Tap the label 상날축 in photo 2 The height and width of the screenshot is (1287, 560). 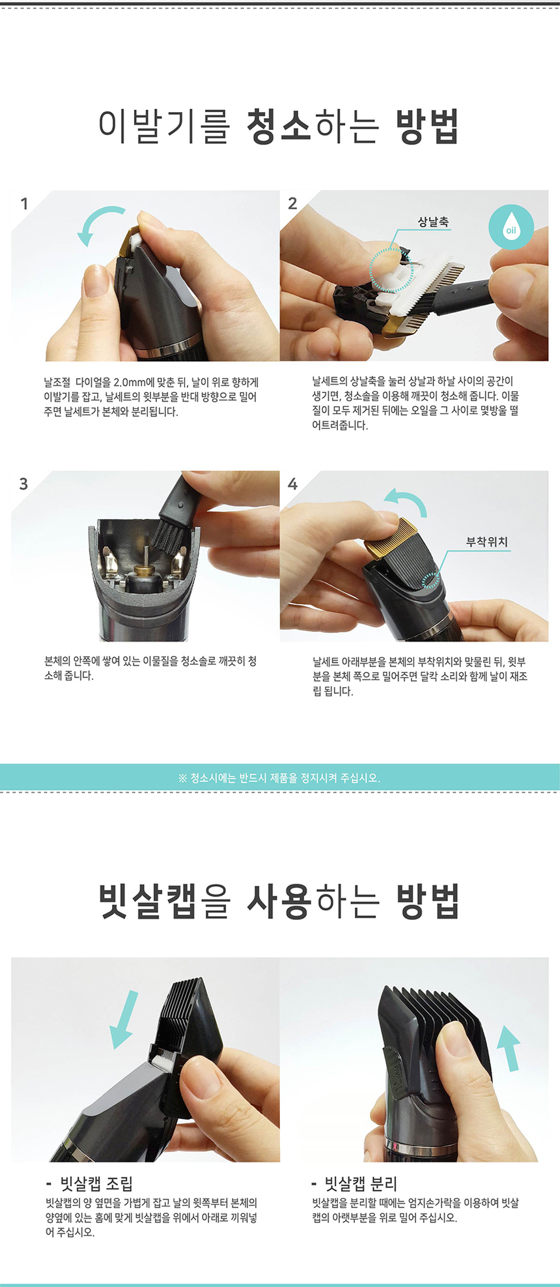(433, 222)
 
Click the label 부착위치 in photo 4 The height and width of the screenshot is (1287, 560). (487, 542)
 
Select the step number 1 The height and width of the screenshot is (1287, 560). (25, 204)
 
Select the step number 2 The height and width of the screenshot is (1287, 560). (292, 203)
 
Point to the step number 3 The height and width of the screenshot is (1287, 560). (24, 484)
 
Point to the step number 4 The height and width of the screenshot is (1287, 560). (292, 484)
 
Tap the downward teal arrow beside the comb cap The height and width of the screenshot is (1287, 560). (124, 1020)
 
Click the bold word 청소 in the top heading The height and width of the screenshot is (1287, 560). (279, 126)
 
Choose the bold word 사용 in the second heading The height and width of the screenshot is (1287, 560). (280, 902)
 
